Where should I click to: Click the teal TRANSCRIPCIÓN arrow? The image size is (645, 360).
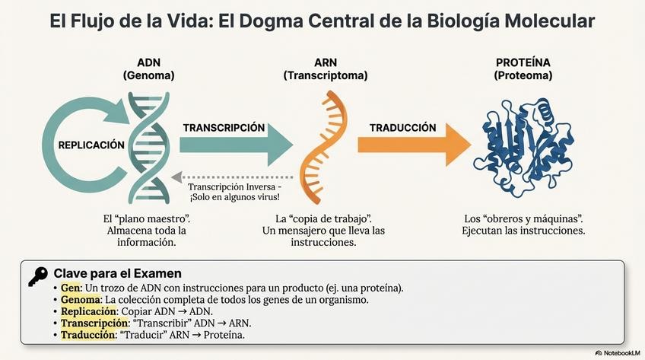236,142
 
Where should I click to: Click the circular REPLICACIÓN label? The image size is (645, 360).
91,144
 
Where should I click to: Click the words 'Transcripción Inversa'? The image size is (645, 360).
230,186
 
